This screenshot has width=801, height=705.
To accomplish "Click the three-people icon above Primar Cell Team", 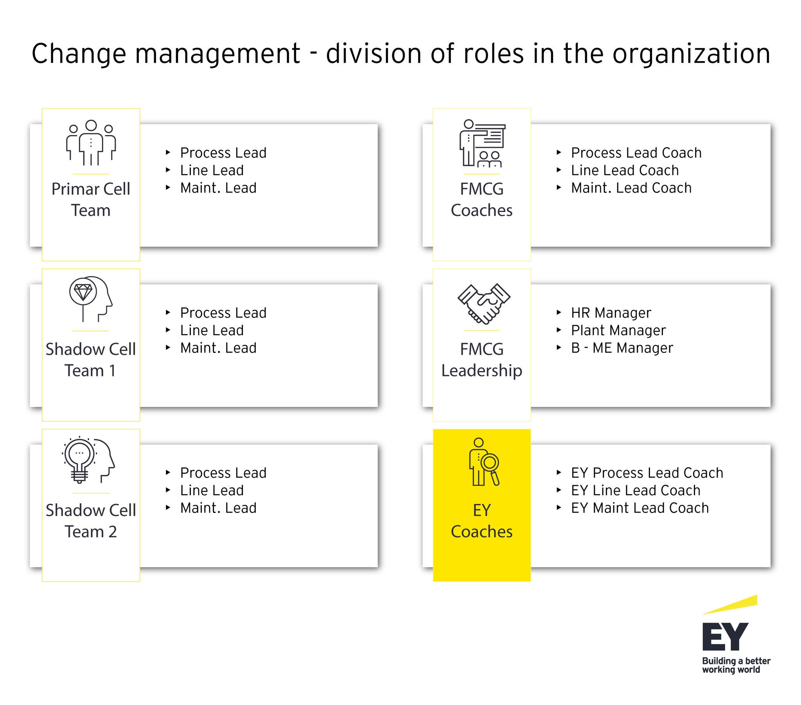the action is click(91, 143).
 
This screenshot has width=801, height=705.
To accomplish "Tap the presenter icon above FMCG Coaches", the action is click(482, 143).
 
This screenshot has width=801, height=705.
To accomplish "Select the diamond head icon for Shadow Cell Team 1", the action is click(91, 299).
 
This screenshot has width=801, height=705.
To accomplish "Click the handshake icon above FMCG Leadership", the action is click(484, 304).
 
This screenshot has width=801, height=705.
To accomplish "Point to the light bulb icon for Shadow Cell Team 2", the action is click(88, 460).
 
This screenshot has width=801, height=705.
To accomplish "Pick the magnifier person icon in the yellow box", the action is click(484, 462).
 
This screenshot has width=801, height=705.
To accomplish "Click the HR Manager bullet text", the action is click(611, 313).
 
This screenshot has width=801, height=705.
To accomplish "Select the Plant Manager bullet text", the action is click(618, 331).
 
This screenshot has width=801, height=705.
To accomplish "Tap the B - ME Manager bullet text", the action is click(622, 348).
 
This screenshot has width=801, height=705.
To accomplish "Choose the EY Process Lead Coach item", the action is click(647, 473).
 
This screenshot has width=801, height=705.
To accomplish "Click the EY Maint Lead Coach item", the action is click(640, 508).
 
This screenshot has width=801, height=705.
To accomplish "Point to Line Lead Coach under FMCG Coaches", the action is click(625, 170).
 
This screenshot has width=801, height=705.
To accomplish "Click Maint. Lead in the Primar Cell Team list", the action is click(218, 188).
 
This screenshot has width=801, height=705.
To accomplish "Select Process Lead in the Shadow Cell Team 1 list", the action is click(223, 313).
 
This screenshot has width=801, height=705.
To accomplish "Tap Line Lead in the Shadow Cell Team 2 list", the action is click(212, 491).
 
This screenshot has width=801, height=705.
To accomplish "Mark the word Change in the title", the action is click(79, 54).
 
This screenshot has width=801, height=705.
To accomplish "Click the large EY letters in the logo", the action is click(726, 637).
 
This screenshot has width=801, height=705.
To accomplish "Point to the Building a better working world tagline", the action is click(736, 665).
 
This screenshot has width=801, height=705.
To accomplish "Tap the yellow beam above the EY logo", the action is click(730, 604).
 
